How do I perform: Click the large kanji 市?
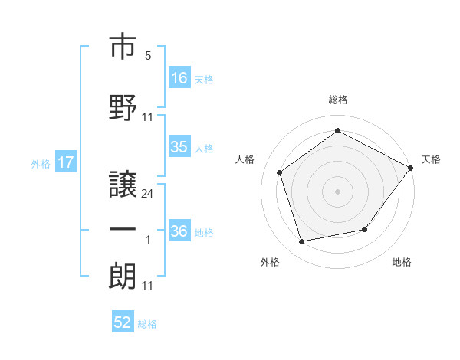(x=123, y=46)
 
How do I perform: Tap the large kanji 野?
(x=123, y=107)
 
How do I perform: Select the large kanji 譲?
(x=123, y=184)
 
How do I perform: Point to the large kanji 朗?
(x=123, y=276)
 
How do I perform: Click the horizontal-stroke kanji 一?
(x=123, y=230)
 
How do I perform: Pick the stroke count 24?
(x=147, y=194)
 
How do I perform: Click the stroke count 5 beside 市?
(x=148, y=56)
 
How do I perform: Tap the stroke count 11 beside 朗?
(x=147, y=286)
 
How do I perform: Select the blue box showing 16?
(x=179, y=77)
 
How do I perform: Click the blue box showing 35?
(x=179, y=146)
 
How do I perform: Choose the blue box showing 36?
(x=179, y=230)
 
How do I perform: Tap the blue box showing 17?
(x=66, y=162)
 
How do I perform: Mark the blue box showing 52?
(x=123, y=321)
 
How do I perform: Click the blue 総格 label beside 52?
(x=147, y=324)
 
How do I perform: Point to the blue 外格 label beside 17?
(x=41, y=164)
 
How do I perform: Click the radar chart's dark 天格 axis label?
(x=431, y=159)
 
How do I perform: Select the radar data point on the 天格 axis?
(x=410, y=168)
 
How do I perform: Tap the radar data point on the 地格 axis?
(x=365, y=229)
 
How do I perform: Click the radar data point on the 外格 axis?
(x=301, y=242)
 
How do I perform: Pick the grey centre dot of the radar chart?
(x=337, y=191)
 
